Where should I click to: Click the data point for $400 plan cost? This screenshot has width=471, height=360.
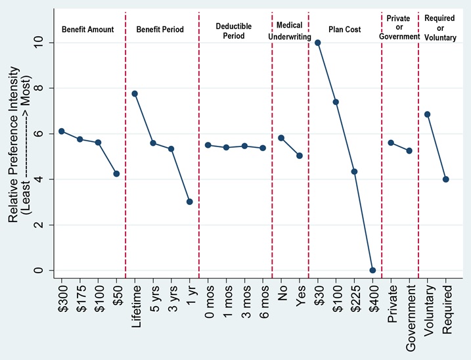[x=372, y=270]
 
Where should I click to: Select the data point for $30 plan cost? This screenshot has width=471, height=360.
[x=318, y=43]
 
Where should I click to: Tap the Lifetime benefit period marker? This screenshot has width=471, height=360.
[x=135, y=93]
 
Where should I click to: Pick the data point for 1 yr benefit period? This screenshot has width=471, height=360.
[x=189, y=202]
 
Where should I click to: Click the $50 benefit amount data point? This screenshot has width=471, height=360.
[x=116, y=173]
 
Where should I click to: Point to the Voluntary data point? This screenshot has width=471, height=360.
[x=428, y=114]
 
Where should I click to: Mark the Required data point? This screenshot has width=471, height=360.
[x=446, y=179]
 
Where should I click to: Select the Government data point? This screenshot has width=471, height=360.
[x=409, y=150]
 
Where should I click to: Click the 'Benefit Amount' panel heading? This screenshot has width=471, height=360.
[x=87, y=30]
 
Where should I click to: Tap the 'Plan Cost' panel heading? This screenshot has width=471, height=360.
[x=345, y=30]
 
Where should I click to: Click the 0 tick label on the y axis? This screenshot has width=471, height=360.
[x=39, y=270]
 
